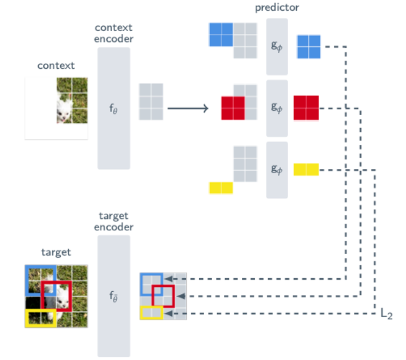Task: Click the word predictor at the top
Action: pyautogui.click(x=277, y=8)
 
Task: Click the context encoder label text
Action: pyautogui.click(x=114, y=33)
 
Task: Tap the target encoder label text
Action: pyautogui.click(x=114, y=221)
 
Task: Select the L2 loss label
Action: pyautogui.click(x=386, y=313)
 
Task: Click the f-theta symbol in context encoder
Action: pyautogui.click(x=114, y=109)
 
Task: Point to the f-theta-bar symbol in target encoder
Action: pyautogui.click(x=114, y=296)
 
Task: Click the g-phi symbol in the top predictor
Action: pyautogui.click(x=277, y=46)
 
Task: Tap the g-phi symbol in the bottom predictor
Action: pyautogui.click(x=277, y=170)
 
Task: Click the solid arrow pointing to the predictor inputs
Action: pyautogui.click(x=188, y=108)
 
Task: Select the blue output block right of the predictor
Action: pyautogui.click(x=309, y=47)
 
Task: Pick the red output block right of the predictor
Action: pyautogui.click(x=306, y=108)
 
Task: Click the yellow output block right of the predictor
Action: pyautogui.click(x=306, y=170)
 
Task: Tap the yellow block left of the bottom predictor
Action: pyautogui.click(x=221, y=188)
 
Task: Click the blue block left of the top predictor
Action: pyautogui.click(x=221, y=34)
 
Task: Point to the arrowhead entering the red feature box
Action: pyautogui.click(x=181, y=296)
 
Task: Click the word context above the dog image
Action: pyautogui.click(x=56, y=66)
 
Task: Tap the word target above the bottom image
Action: pyautogui.click(x=56, y=252)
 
